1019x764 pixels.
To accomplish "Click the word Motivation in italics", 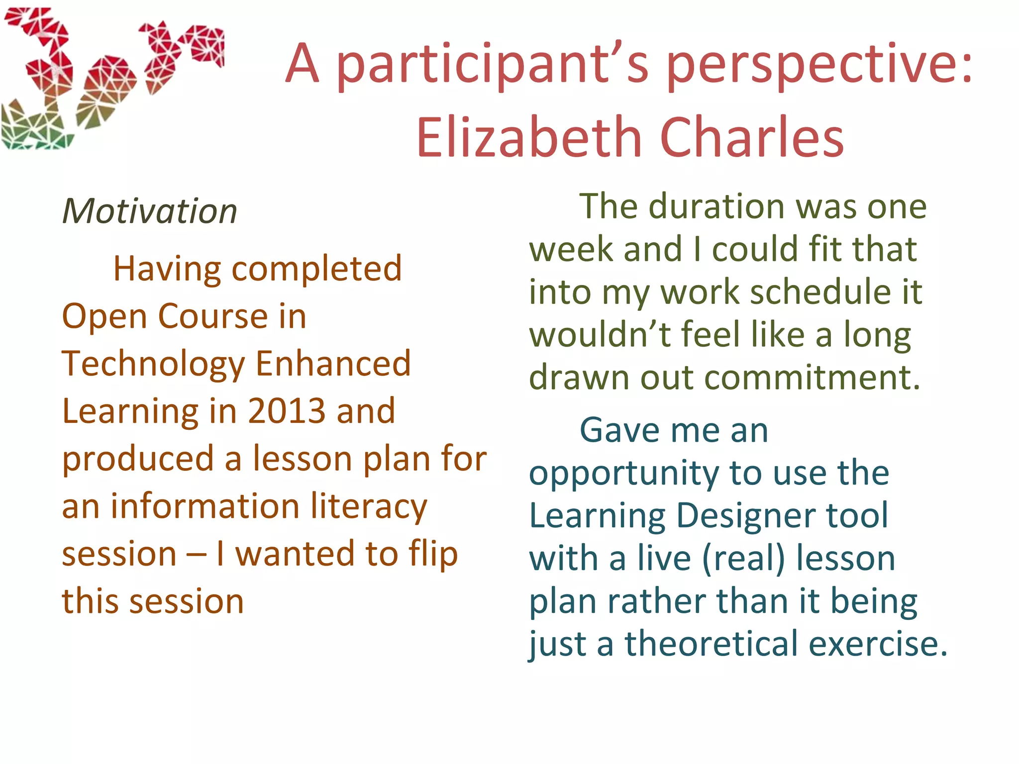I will coord(150,211).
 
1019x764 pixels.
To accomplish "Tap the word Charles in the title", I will coord(751,137).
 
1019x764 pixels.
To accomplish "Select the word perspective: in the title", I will coord(818,65).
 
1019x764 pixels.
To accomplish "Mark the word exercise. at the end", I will coord(878,644).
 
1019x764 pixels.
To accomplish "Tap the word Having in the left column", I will coord(167,269).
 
